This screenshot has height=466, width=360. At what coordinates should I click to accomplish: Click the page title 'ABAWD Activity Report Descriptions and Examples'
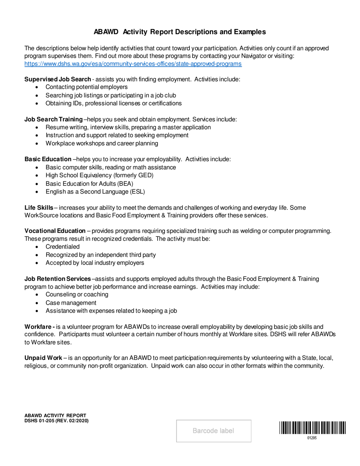180,32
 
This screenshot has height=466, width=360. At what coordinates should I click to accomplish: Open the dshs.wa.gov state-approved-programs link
133,64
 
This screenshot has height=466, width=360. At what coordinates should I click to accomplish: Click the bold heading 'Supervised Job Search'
58,79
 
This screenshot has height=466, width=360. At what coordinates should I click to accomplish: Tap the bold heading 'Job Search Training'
53,119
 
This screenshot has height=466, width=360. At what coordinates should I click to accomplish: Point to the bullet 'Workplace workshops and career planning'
102,143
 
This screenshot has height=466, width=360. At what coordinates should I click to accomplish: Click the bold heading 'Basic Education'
48,159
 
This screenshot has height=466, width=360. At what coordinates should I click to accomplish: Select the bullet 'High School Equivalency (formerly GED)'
99,175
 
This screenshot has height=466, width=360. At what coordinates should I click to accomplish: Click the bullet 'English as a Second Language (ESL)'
95,192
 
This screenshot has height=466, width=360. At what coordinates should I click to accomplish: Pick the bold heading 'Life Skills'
39,208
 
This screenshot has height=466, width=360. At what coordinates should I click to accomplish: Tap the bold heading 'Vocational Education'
55,231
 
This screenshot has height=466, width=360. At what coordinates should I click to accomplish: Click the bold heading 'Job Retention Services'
58,279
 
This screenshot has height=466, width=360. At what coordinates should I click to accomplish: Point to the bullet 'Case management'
71,303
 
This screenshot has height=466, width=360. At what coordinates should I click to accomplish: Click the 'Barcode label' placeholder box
214,431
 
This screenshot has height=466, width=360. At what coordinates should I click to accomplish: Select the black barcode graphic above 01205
313,428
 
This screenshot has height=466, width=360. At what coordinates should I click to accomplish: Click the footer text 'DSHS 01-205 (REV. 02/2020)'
56,421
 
